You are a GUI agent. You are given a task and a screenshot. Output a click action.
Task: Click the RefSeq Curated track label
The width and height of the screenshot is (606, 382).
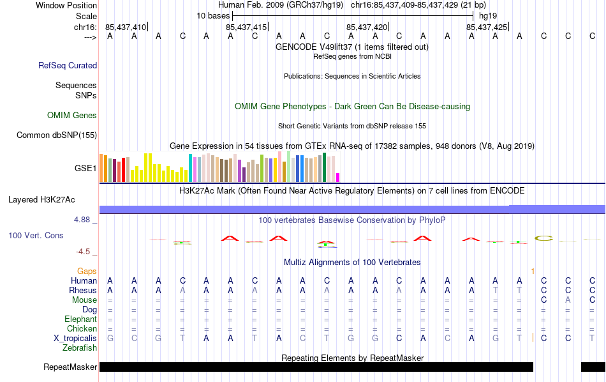point(68,65)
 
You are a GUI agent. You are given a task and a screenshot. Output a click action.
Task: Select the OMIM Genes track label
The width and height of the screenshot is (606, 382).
point(72,116)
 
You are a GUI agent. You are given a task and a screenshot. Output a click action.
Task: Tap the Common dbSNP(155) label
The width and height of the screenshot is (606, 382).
point(57,135)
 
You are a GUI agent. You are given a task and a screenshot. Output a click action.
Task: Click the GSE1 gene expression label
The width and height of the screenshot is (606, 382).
point(85,169)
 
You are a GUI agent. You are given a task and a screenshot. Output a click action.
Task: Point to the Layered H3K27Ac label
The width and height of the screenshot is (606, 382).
point(41,199)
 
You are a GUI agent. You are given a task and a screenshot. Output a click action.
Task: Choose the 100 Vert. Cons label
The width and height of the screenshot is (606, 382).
point(36,235)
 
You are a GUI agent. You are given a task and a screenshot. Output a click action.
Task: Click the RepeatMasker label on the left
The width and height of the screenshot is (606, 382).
point(70,367)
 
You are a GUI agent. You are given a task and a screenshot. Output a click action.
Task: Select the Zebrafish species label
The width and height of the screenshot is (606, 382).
point(80,348)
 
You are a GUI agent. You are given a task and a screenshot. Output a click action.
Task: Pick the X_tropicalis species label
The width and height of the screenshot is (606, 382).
point(75,338)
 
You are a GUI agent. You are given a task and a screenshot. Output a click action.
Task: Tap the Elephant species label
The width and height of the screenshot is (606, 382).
point(80,319)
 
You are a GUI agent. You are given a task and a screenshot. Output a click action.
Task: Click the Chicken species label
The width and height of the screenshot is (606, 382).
point(82,328)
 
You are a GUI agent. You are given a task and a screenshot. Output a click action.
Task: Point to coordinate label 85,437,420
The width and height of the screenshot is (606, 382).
point(367,27)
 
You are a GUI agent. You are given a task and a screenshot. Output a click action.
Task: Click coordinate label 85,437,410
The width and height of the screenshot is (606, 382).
point(126,27)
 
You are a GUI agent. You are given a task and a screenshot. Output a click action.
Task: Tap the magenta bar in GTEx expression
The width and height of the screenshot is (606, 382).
point(338,178)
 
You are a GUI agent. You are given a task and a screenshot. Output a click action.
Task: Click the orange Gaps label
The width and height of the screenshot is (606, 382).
point(87,271)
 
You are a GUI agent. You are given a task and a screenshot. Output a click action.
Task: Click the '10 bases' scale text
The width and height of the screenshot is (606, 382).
point(213,15)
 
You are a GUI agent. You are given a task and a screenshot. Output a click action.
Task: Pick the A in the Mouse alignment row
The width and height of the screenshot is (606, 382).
point(568,300)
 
